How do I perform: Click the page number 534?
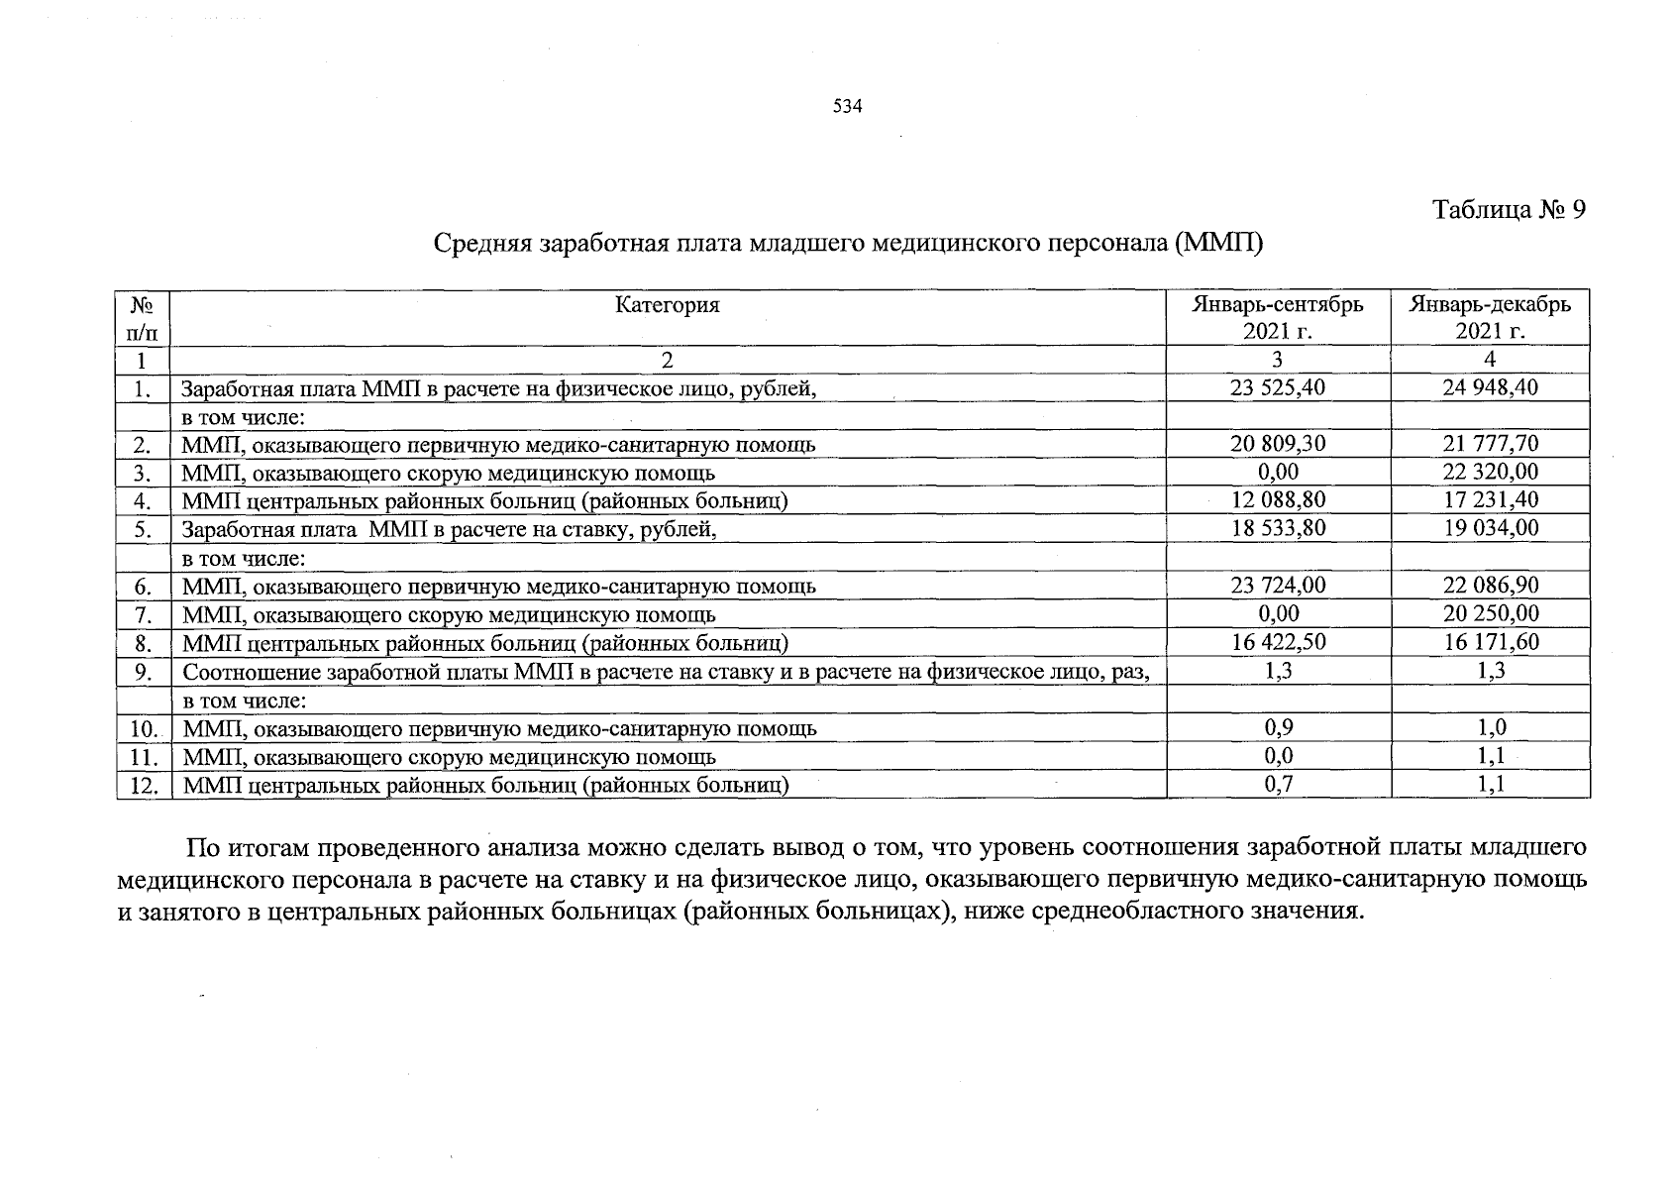coord(848,107)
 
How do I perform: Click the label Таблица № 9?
coord(1510,210)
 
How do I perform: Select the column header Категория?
coord(667,305)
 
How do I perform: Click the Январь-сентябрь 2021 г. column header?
coord(1278,317)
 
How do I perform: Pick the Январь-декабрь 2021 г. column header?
coord(1490,317)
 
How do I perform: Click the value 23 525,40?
coord(1278,387)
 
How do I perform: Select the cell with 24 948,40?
coord(1491,387)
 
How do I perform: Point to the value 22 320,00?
coord(1491,472)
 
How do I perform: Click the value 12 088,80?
coord(1278,500)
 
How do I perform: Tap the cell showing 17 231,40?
coord(1491,500)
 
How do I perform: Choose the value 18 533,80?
coord(1278,528)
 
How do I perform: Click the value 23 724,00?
coord(1278,586)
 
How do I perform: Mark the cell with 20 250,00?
coord(1491,613)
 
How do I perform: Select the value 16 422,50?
coord(1278,642)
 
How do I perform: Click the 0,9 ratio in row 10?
coord(1279,728)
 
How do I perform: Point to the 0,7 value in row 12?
coord(1279,786)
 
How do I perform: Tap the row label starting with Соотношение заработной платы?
coord(666,673)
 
